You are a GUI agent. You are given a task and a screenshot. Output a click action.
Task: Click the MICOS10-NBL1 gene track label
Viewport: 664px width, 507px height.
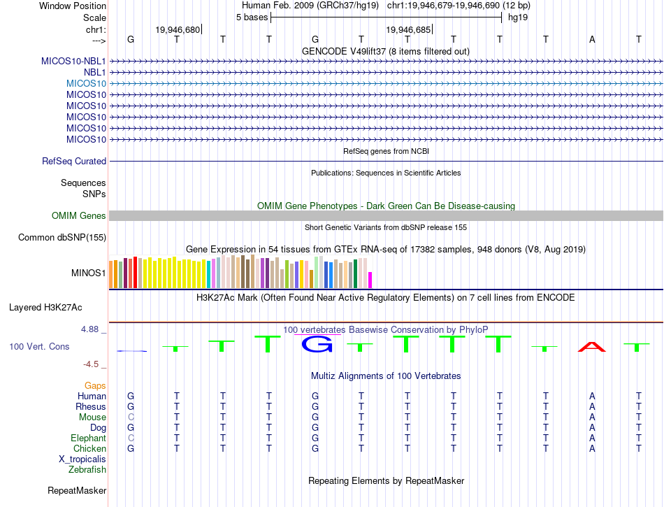73,61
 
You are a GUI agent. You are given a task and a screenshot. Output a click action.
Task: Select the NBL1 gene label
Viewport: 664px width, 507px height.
94,72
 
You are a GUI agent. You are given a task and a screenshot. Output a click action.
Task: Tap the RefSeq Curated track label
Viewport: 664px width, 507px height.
74,162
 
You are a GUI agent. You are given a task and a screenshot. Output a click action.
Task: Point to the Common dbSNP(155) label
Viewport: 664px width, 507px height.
62,238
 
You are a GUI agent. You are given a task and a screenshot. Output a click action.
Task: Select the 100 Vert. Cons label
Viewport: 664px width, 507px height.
39,346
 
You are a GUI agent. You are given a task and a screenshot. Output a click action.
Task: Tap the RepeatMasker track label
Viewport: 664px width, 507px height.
77,490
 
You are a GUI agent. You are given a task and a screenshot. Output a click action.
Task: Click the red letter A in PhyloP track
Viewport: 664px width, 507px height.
592,347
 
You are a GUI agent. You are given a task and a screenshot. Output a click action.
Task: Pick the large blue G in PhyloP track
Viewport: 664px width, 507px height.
315,344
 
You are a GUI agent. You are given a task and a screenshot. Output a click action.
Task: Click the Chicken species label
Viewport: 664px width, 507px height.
89,449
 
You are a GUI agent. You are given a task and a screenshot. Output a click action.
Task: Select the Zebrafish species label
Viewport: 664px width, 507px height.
87,470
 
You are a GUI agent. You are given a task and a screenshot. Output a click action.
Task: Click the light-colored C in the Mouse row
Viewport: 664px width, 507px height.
131,417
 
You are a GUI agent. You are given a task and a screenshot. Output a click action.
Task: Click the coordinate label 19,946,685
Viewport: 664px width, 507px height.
408,30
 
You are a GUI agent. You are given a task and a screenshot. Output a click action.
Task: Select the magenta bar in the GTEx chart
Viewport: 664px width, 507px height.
370,280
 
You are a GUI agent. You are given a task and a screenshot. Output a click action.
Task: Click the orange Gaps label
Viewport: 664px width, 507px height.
95,386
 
